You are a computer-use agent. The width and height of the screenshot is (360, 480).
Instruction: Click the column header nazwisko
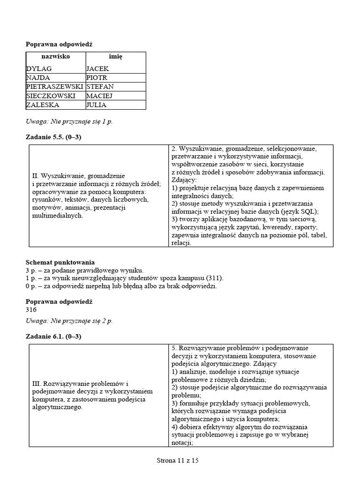point(55,56)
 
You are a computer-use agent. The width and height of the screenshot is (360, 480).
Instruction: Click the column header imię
point(115,56)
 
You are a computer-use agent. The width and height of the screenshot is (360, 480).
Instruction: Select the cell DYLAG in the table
point(39,68)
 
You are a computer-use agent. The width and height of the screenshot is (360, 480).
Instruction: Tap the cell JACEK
point(97,68)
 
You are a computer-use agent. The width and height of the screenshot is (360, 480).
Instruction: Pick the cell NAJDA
point(38,78)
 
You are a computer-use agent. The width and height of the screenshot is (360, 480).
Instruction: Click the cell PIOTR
point(97,78)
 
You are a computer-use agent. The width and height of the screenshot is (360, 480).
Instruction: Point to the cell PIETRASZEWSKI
point(55,87)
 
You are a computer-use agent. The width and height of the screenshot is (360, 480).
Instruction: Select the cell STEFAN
point(100,87)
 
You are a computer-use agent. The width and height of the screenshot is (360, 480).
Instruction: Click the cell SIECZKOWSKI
point(52,96)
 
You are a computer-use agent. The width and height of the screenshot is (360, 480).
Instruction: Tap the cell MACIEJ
point(99,96)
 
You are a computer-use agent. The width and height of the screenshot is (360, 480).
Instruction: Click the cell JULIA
point(97,105)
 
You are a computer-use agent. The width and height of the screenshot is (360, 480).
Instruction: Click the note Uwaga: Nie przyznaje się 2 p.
point(69,321)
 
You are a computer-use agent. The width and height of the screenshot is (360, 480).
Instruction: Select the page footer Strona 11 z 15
point(178,461)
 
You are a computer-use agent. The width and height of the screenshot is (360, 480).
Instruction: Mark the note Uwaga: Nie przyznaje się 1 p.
point(69,121)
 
